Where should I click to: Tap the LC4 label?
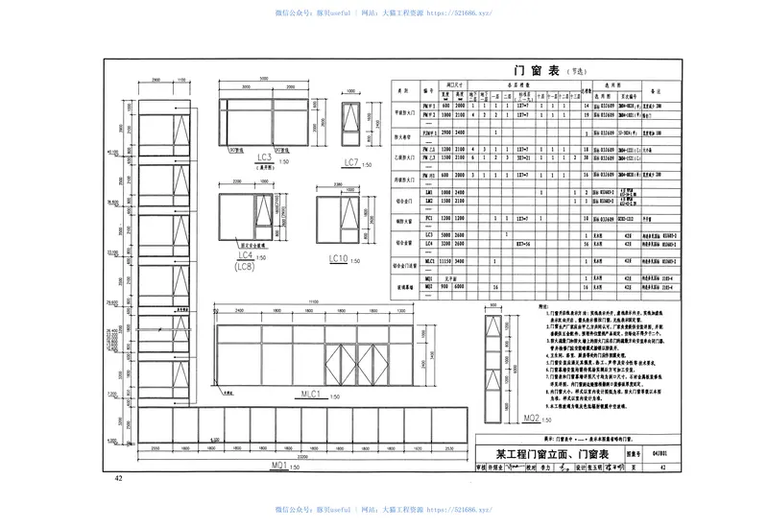[246, 255]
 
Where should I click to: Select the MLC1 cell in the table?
[431, 260]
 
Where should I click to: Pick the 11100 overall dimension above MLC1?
[311, 302]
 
